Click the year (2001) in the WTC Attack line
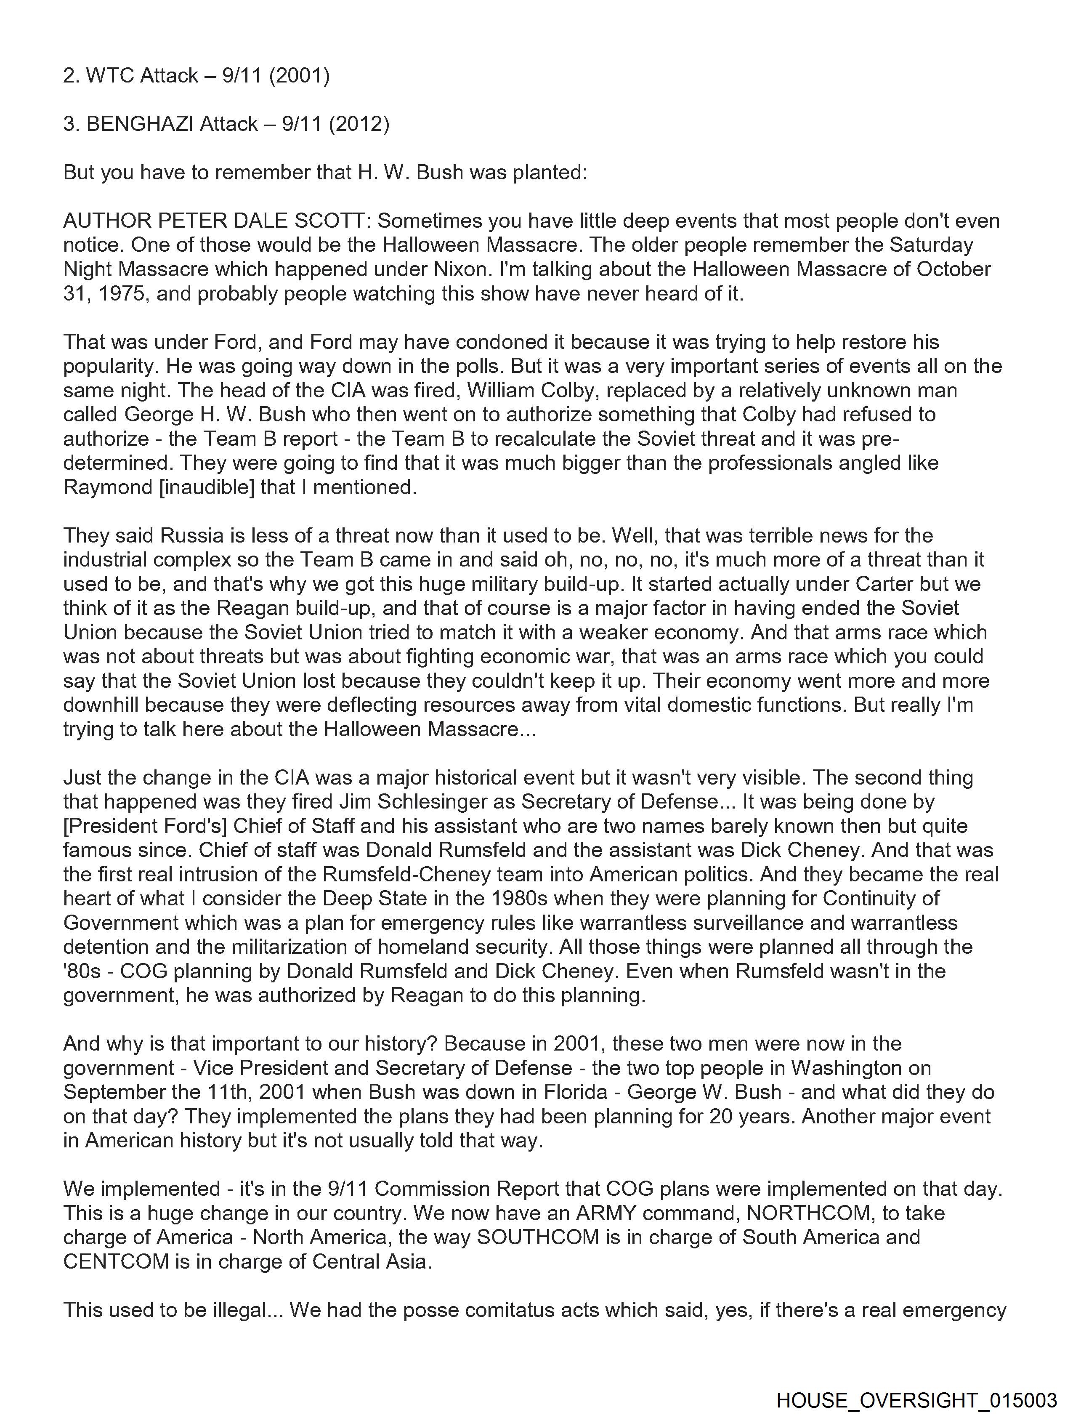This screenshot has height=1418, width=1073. pos(299,76)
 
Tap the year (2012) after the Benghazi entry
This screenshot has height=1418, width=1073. pos(359,124)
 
